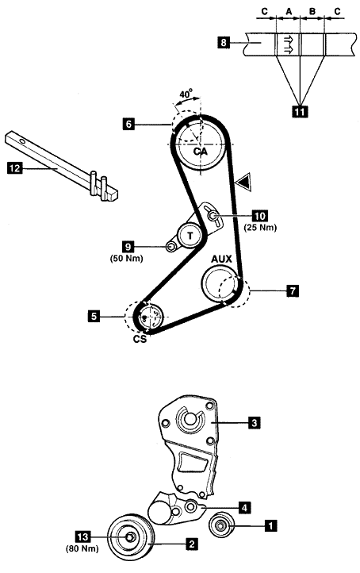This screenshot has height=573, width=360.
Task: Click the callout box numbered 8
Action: tap(224, 42)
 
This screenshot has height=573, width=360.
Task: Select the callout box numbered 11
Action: tap(300, 111)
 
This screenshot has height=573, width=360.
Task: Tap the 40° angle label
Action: tap(186, 94)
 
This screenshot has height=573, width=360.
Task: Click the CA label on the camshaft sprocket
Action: tap(201, 151)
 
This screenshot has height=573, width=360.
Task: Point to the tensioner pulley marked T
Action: tap(190, 236)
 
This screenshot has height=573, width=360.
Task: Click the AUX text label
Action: tap(221, 259)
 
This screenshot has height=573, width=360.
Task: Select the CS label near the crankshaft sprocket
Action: tap(140, 339)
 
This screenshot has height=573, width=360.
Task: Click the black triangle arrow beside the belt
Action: tap(243, 182)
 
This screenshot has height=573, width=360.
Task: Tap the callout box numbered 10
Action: tap(259, 216)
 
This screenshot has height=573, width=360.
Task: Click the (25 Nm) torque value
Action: tap(260, 227)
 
